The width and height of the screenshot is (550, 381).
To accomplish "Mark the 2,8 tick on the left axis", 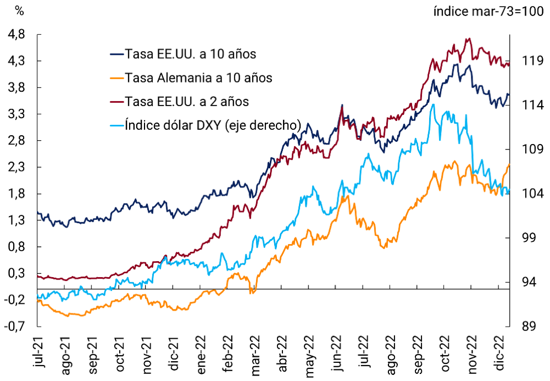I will [18, 140].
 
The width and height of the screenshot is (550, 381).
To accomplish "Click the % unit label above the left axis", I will [19, 9].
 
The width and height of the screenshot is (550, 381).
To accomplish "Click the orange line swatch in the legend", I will [116, 78].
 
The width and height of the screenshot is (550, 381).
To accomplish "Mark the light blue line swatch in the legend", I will [116, 125].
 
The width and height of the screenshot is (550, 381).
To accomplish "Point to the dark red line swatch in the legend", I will [116, 101].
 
